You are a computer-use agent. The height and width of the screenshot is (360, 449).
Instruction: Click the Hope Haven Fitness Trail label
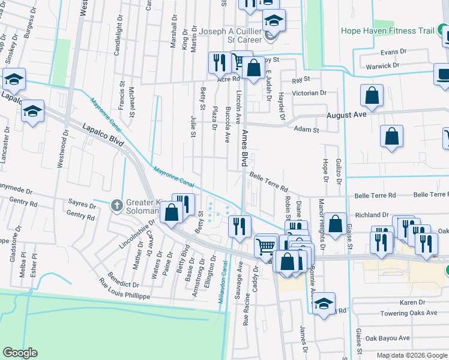coord(388,31)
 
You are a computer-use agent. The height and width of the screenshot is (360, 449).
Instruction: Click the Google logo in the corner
coord(20,353)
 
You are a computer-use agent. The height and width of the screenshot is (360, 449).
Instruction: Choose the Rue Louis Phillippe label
coord(115,295)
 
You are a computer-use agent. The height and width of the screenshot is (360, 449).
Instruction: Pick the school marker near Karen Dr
coord(324,303)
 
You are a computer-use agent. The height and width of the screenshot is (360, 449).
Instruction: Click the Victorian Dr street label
coord(309,94)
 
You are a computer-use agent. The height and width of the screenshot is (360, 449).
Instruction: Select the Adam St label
coord(306,129)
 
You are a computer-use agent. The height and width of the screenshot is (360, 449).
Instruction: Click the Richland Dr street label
coord(372,214)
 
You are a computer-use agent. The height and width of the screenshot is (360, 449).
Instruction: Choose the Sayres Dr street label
coord(83,205)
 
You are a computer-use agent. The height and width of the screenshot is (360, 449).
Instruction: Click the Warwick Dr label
coord(383,65)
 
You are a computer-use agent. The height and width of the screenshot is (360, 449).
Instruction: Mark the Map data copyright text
coord(412,355)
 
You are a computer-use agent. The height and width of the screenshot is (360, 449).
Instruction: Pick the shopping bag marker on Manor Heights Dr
coord(337,223)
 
